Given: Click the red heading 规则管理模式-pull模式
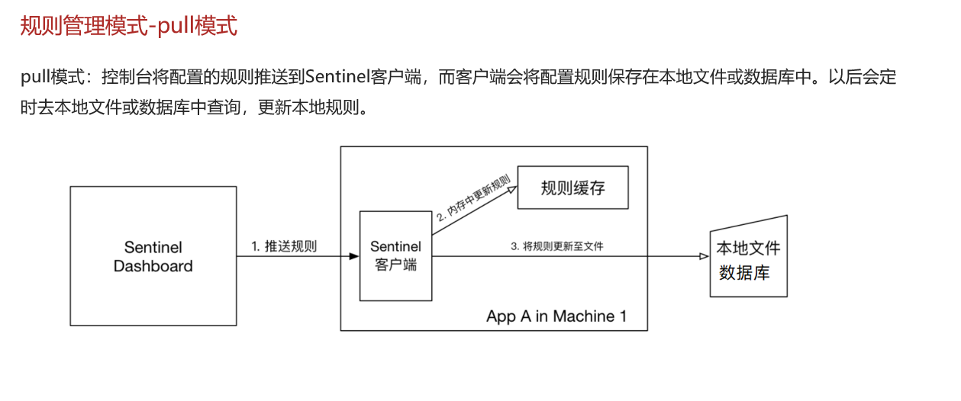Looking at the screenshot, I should [x=128, y=26].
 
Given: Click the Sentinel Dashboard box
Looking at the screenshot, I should [x=153, y=257].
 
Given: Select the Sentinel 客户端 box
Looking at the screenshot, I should [x=395, y=257].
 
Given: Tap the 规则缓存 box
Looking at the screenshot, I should [x=572, y=188].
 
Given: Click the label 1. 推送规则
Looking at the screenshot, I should [x=284, y=246].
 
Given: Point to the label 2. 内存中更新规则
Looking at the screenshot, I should [x=473, y=199].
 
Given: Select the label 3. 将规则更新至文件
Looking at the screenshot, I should [x=562, y=246].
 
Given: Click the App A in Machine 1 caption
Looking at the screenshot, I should [x=556, y=316].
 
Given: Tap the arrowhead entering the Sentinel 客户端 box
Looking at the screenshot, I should [x=354, y=257].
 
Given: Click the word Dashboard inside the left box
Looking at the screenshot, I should [x=153, y=267].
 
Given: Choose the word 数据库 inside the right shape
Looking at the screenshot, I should [x=744, y=272].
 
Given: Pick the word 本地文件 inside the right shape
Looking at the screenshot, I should [x=748, y=249].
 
